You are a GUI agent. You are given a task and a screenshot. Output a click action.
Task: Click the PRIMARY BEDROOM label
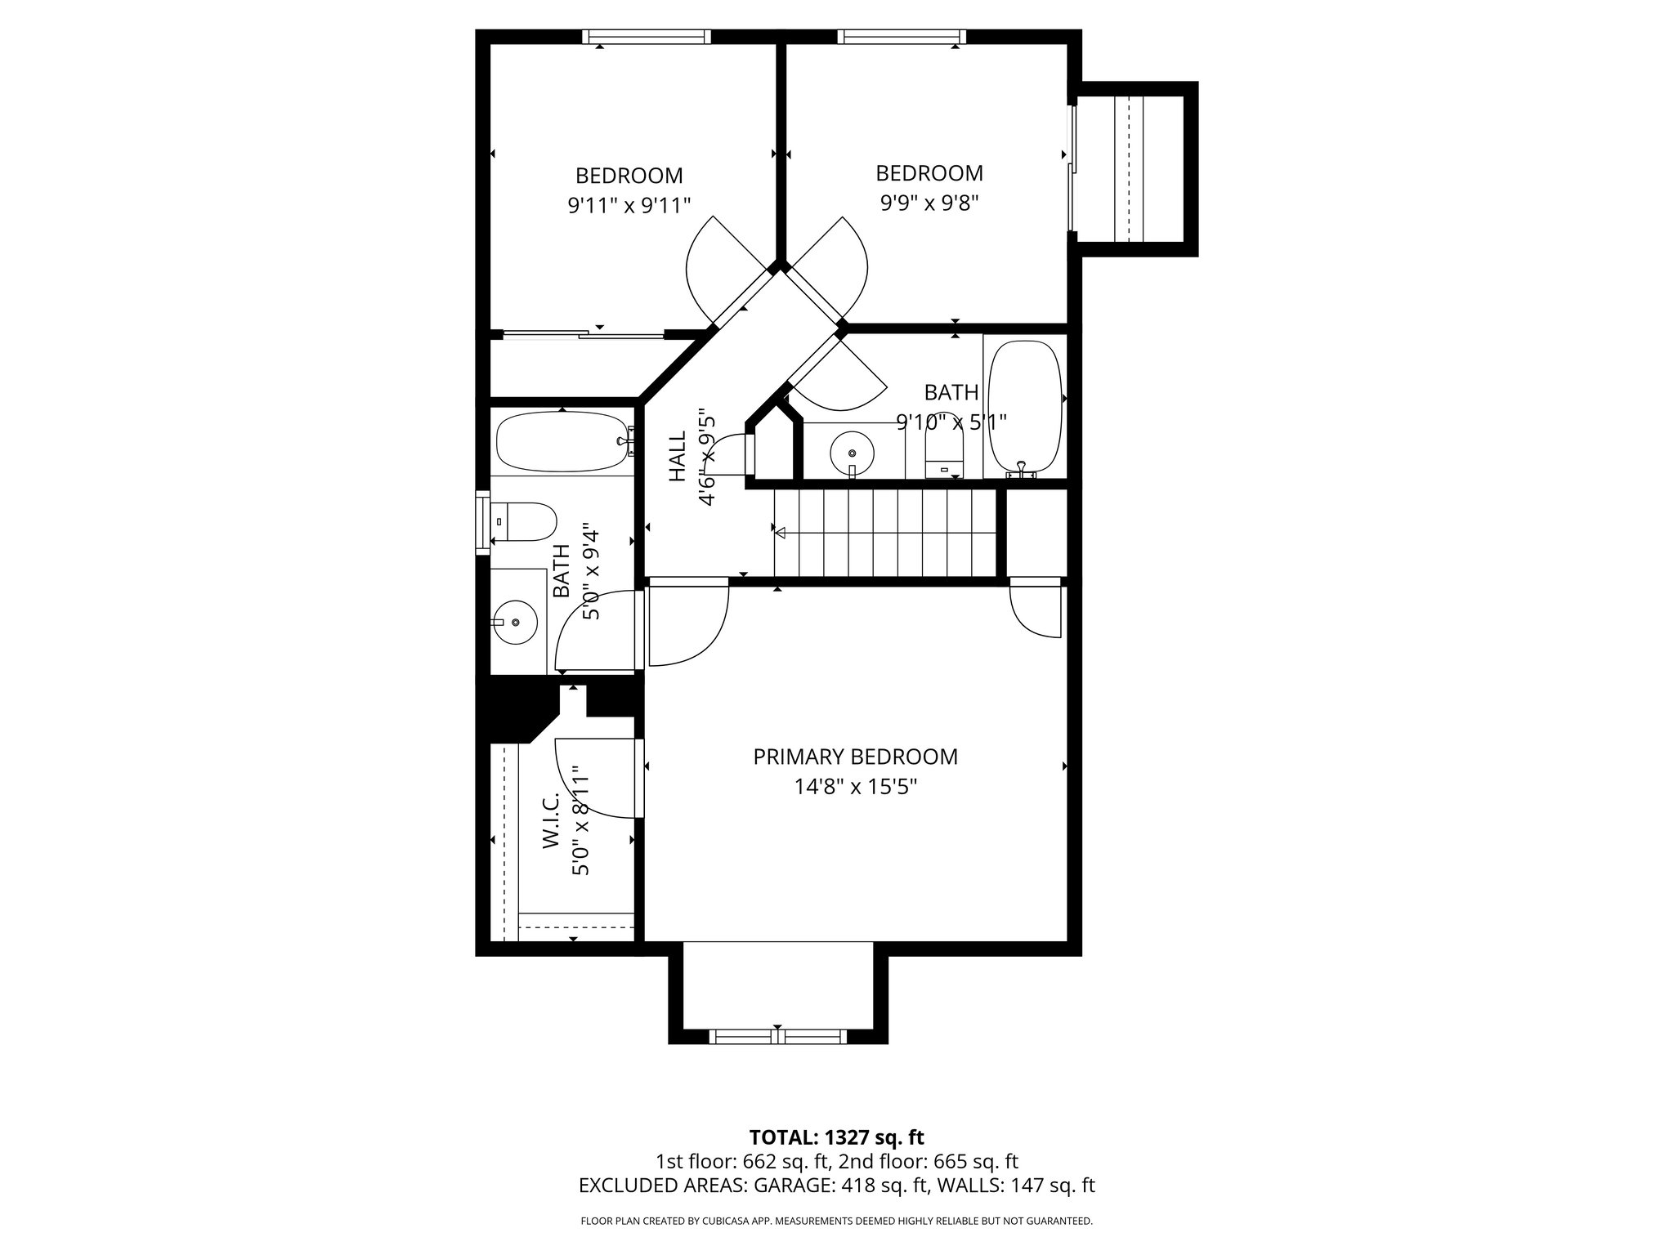point(855,757)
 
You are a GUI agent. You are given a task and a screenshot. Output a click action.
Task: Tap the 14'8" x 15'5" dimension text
point(855,787)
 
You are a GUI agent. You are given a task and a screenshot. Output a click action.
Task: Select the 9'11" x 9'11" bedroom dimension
point(629,205)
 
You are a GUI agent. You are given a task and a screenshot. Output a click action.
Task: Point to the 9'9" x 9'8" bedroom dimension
point(929,203)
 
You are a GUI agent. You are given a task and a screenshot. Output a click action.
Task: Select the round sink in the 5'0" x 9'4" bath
point(515,623)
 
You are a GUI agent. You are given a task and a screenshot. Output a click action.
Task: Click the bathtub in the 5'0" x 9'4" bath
point(562,441)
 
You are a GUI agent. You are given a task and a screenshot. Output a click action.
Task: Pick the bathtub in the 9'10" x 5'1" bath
point(1025,406)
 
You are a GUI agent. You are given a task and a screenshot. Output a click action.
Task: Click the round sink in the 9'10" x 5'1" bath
point(852,452)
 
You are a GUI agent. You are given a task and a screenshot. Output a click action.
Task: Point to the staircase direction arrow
point(781,533)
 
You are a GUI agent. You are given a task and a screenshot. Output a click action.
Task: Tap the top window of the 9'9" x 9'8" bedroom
point(902,37)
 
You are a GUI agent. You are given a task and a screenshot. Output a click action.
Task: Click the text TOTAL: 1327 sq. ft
point(836,1137)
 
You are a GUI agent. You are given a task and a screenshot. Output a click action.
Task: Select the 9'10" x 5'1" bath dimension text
point(951,422)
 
